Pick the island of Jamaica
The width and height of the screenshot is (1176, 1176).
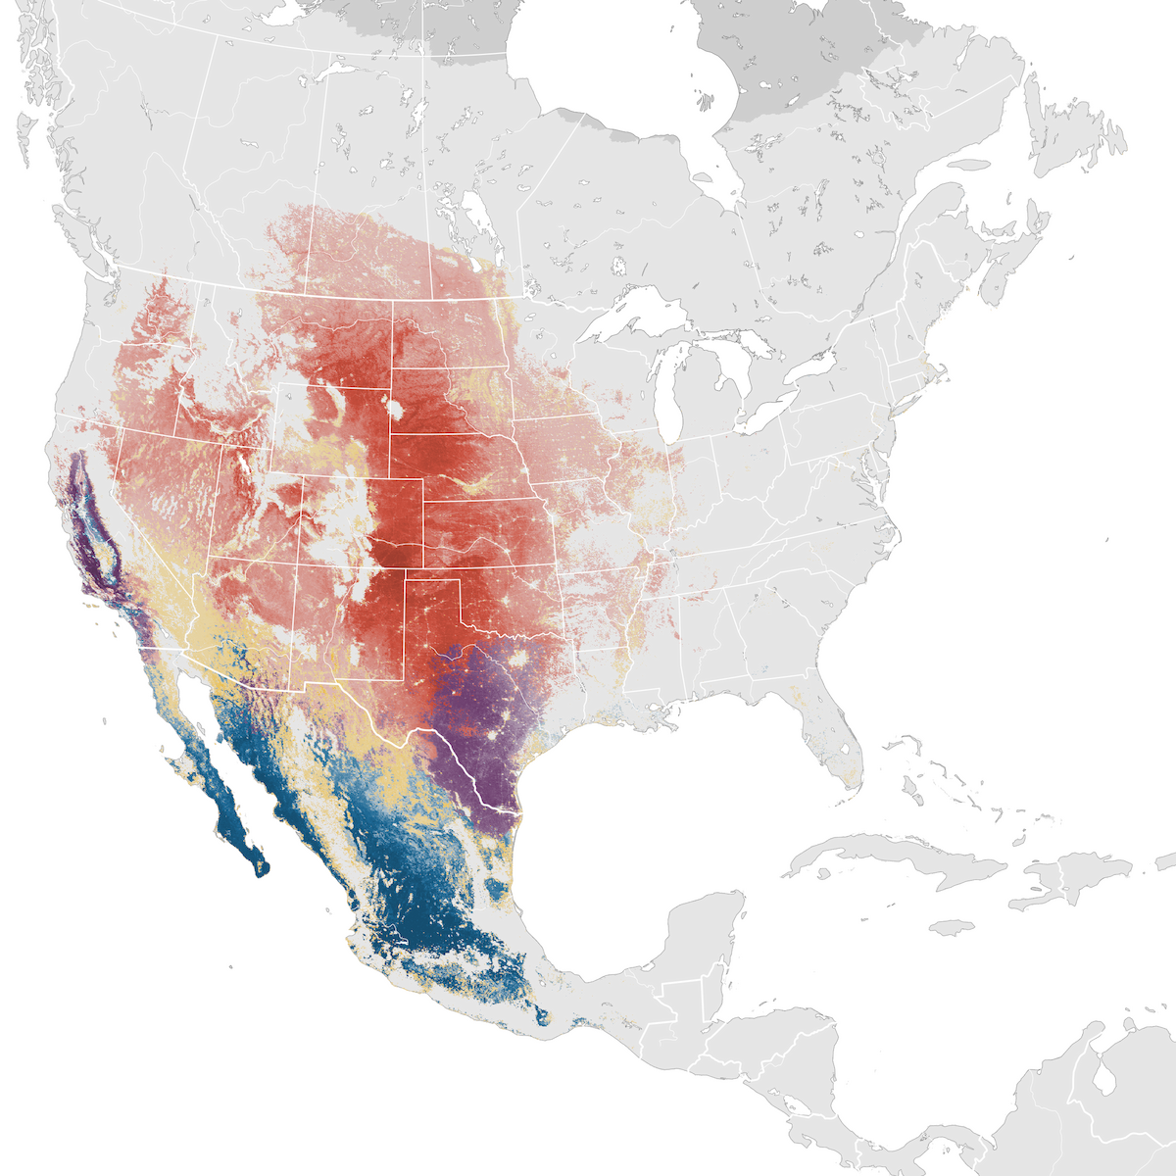[x=949, y=927]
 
